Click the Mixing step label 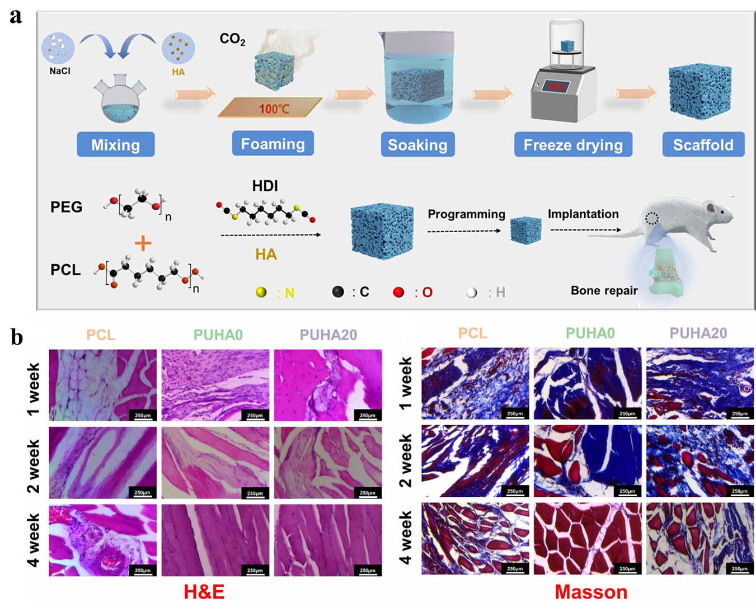pos(115,145)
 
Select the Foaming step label pos(273,144)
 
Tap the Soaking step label pos(417,145)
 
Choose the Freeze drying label pos(573,145)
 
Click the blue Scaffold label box pos(703,145)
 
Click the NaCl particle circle pos(58,48)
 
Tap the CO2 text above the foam pos(232,39)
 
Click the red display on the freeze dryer pos(556,87)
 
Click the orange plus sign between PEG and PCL pos(143,243)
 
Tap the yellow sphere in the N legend pos(261,292)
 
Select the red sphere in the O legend pos(398,292)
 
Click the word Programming pos(466,214)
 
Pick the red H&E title pos(204,592)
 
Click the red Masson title pos(591,592)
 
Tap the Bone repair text pos(604,290)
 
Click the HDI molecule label pos(265,186)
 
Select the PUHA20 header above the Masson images pos(698,333)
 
